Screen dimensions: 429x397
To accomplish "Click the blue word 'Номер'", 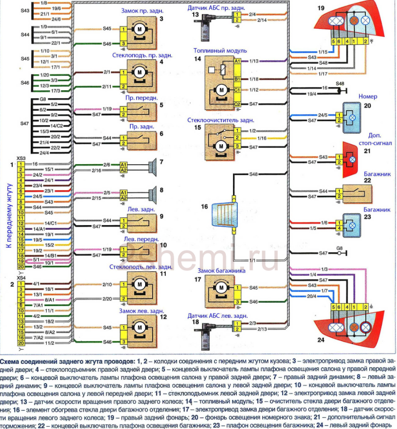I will [x=368, y=96].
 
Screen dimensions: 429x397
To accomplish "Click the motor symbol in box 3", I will [x=140, y=30].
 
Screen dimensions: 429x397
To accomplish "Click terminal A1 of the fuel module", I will [x=237, y=61].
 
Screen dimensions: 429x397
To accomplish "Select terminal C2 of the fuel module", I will [x=237, y=104].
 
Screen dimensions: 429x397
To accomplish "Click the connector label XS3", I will [x=21, y=158].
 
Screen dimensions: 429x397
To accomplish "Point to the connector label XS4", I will [x=21, y=277].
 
